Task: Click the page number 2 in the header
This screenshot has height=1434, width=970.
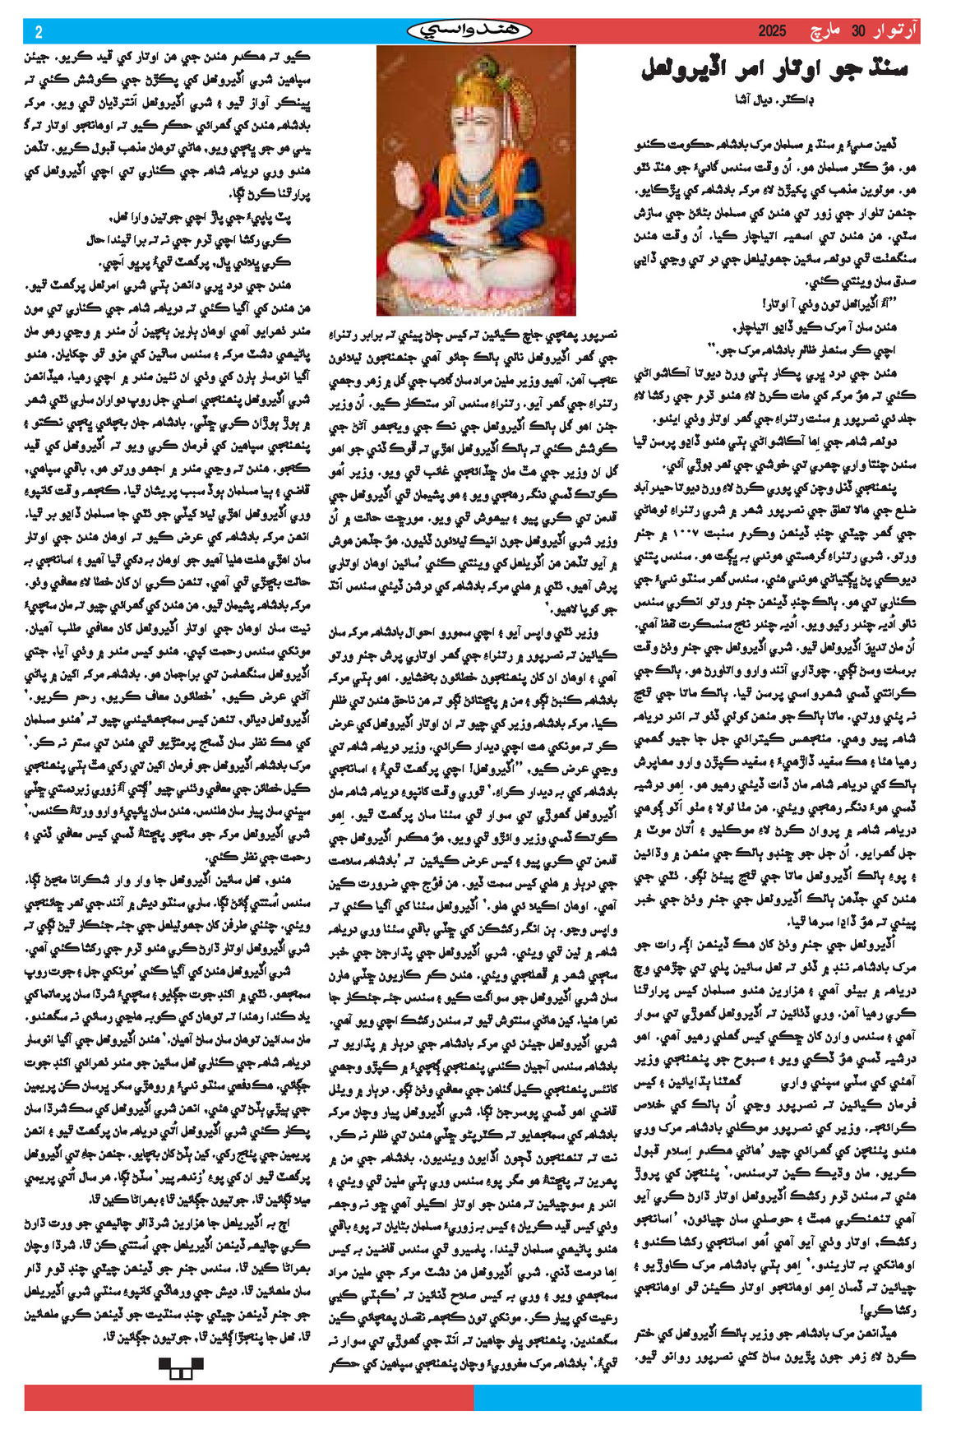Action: (x=39, y=32)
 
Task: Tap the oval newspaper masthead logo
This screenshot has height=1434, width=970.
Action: (x=469, y=31)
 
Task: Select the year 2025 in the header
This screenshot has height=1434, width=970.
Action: (x=772, y=31)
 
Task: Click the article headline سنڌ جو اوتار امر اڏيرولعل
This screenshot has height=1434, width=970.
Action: (x=774, y=69)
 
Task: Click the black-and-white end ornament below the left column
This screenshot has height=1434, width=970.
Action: (x=180, y=1368)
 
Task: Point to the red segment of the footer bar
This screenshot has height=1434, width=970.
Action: (x=247, y=1398)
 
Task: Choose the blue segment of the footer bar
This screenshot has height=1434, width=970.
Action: (x=699, y=1398)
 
